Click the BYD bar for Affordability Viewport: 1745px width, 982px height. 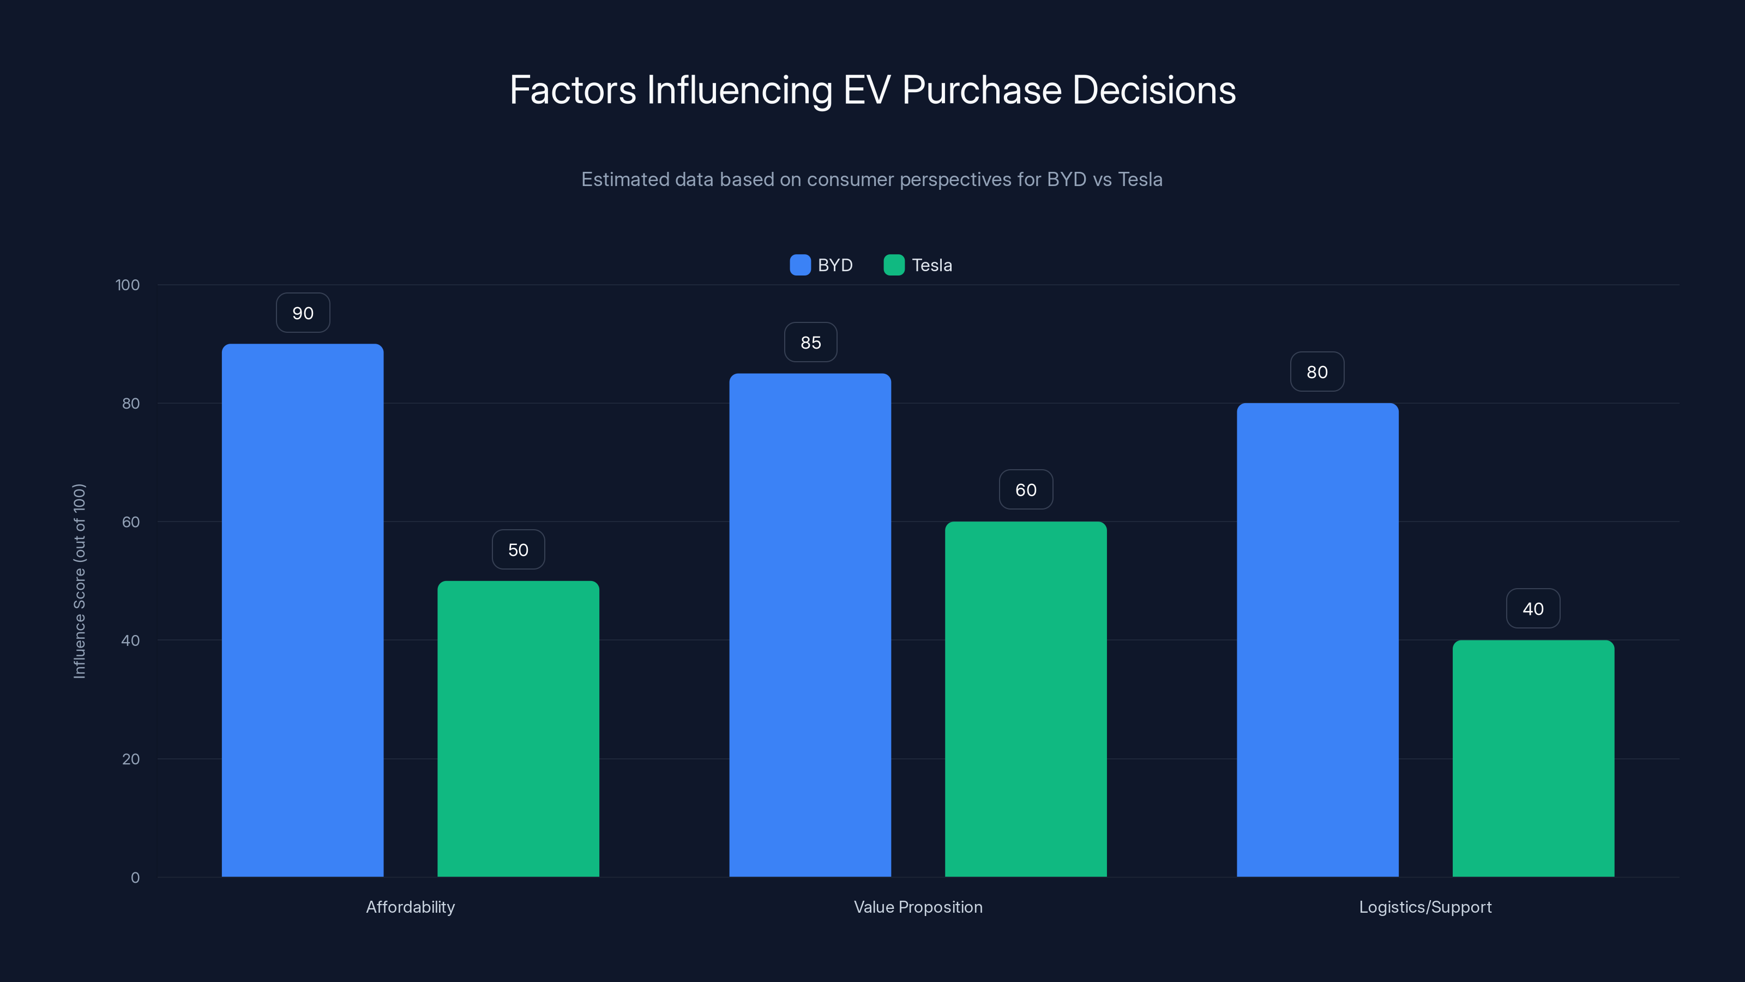click(302, 610)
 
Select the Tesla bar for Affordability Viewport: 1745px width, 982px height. click(518, 728)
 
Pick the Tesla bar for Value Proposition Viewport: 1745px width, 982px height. click(1026, 699)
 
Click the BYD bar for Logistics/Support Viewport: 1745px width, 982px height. click(1317, 640)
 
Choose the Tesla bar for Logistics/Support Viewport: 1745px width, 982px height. click(1533, 758)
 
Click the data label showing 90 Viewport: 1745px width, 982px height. click(303, 313)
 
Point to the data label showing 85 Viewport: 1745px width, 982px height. click(811, 342)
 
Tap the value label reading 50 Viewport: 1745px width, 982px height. click(518, 549)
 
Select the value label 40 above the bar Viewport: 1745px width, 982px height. click(1533, 609)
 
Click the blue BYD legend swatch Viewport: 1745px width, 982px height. click(800, 265)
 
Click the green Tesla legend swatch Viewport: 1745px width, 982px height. click(894, 265)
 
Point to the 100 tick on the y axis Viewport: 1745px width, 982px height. click(128, 285)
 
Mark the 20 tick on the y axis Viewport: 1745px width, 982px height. click(131, 759)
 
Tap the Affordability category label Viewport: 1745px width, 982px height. click(411, 907)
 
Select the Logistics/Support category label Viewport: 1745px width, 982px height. click(1425, 907)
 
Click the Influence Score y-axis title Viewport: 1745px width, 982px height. click(79, 581)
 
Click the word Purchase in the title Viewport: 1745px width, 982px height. click(982, 90)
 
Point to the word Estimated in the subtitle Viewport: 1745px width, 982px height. click(624, 179)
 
